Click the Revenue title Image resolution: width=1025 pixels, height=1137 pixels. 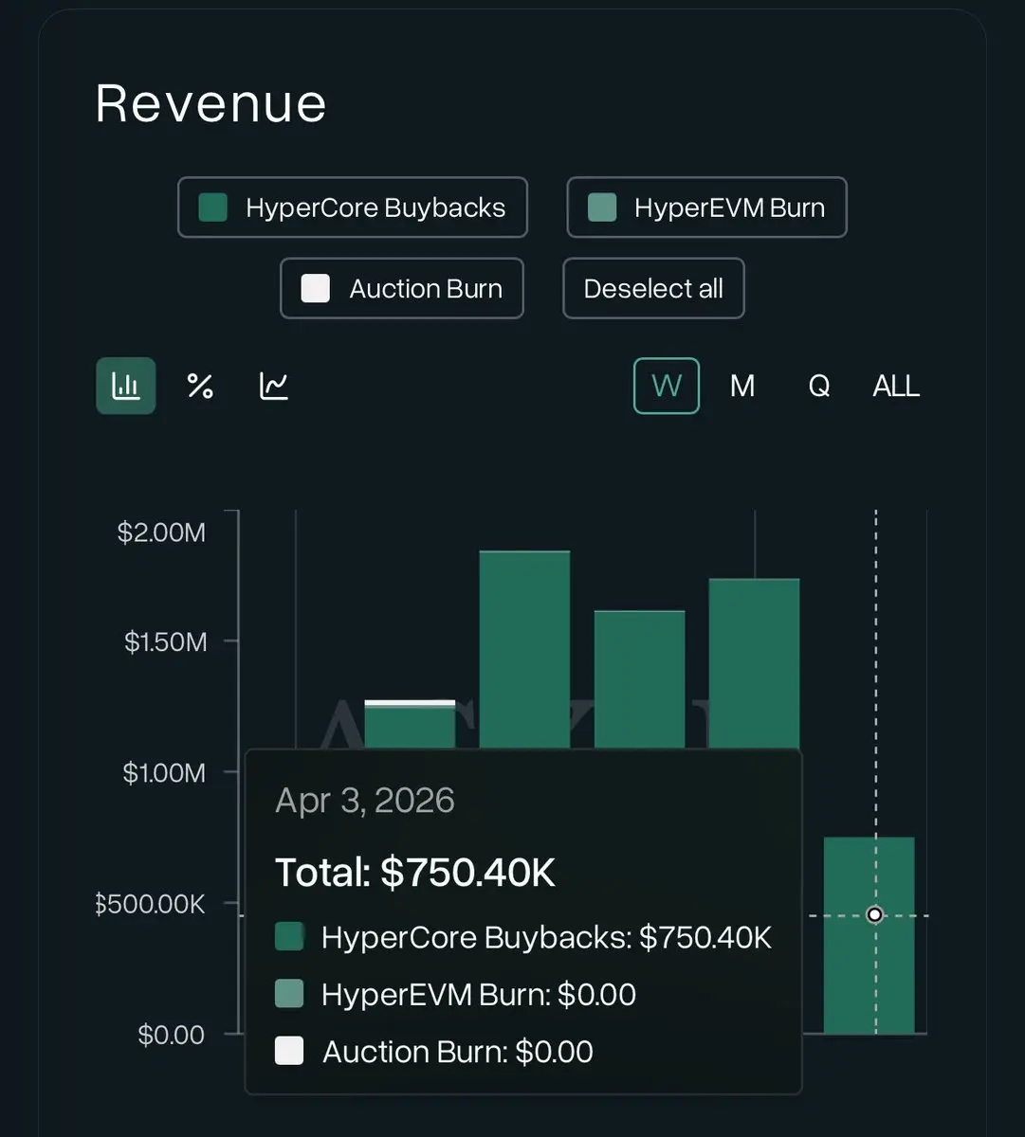[210, 103]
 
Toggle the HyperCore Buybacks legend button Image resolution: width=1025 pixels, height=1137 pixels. [352, 208]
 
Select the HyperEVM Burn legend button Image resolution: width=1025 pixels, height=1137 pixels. [706, 208]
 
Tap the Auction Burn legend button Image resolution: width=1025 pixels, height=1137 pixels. [402, 288]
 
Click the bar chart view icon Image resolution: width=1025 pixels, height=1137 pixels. [126, 386]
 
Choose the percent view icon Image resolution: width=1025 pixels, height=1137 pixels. [200, 386]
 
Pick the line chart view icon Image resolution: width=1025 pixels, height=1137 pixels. [274, 386]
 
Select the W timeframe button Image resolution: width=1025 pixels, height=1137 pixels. [667, 386]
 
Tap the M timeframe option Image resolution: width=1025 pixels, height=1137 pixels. [742, 386]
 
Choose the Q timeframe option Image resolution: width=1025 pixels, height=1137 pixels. [819, 386]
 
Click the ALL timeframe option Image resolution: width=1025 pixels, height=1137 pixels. [896, 386]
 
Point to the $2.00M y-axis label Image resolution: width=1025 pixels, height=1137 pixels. [161, 532]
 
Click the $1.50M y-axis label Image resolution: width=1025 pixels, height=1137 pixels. [165, 642]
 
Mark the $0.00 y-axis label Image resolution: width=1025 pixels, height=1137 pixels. [172, 1035]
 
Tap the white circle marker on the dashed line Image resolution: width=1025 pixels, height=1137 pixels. [875, 914]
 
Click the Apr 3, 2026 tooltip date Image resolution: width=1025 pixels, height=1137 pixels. [365, 802]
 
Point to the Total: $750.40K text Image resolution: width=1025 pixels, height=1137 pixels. [415, 873]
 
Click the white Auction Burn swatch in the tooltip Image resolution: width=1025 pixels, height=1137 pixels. [289, 1051]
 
